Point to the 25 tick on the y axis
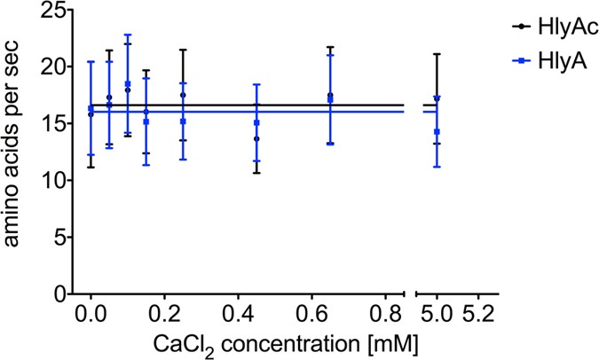(x=54, y=10)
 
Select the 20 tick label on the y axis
(x=54, y=67)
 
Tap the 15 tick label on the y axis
(x=54, y=123)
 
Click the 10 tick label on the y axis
(x=54, y=180)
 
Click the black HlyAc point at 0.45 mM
(x=256, y=139)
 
